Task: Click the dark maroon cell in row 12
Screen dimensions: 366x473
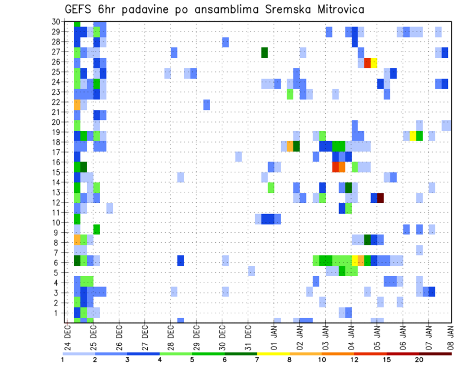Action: [380, 198]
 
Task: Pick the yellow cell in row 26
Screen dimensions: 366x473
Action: [374, 63]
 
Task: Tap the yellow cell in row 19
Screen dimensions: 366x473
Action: [413, 136]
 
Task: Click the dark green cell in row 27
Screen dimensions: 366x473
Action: [265, 53]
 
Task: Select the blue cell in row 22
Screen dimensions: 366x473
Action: [206, 105]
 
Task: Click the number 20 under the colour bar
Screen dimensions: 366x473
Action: [419, 360]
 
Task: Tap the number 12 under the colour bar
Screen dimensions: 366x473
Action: [354, 360]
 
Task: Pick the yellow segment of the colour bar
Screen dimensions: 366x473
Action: [273, 353]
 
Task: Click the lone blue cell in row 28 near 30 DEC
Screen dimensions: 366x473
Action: [226, 42]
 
